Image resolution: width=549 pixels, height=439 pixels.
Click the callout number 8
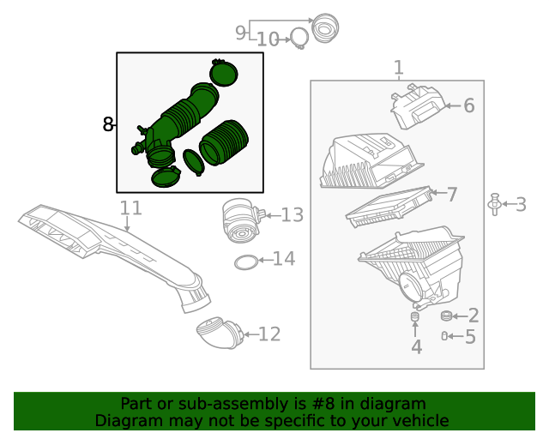click(108, 125)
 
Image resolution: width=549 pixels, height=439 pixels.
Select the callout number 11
click(130, 208)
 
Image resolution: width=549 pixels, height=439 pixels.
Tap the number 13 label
click(293, 215)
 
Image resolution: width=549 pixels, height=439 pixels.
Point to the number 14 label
click(283, 259)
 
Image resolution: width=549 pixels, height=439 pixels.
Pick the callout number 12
click(269, 334)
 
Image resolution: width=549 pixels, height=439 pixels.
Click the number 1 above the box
click(398, 68)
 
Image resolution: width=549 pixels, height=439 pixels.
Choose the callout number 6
click(468, 106)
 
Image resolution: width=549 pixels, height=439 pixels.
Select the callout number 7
click(452, 195)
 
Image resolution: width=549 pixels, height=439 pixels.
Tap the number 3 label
click(521, 204)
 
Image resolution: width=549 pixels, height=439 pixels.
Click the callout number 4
click(416, 347)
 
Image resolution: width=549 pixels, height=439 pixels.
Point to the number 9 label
click(241, 33)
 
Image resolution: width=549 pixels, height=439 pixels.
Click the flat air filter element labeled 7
click(389, 207)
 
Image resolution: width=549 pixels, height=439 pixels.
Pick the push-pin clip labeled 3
click(494, 204)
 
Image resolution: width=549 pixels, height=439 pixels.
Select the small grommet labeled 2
click(446, 316)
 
